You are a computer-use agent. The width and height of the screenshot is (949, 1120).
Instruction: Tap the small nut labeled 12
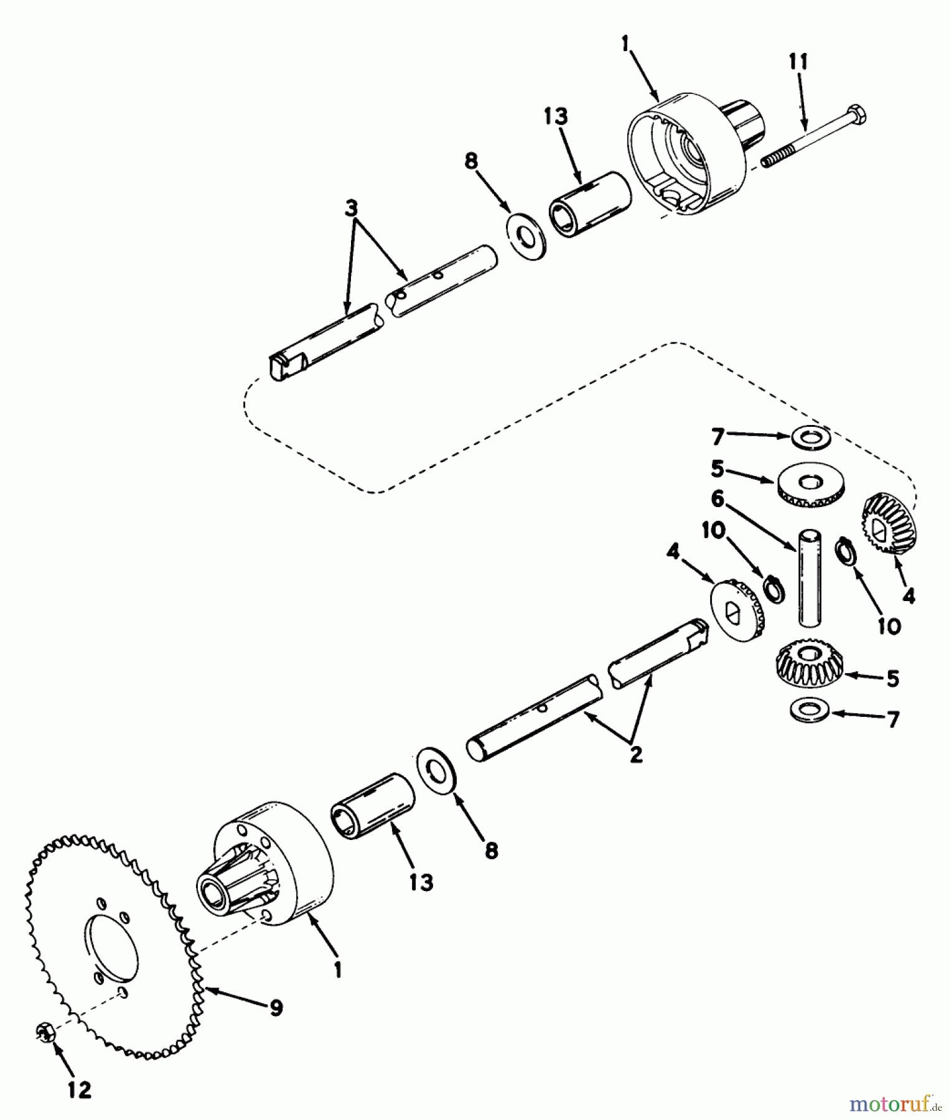[x=45, y=1032]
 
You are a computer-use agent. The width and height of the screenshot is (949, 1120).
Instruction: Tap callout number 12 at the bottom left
[x=80, y=1089]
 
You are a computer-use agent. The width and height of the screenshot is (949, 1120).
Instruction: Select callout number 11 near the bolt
[x=798, y=62]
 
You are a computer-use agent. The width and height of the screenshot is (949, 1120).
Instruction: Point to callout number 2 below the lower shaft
[x=635, y=755]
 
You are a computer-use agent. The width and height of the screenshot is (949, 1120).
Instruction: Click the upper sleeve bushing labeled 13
[x=590, y=205]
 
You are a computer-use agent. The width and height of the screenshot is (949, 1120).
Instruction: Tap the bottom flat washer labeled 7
[x=807, y=710]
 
